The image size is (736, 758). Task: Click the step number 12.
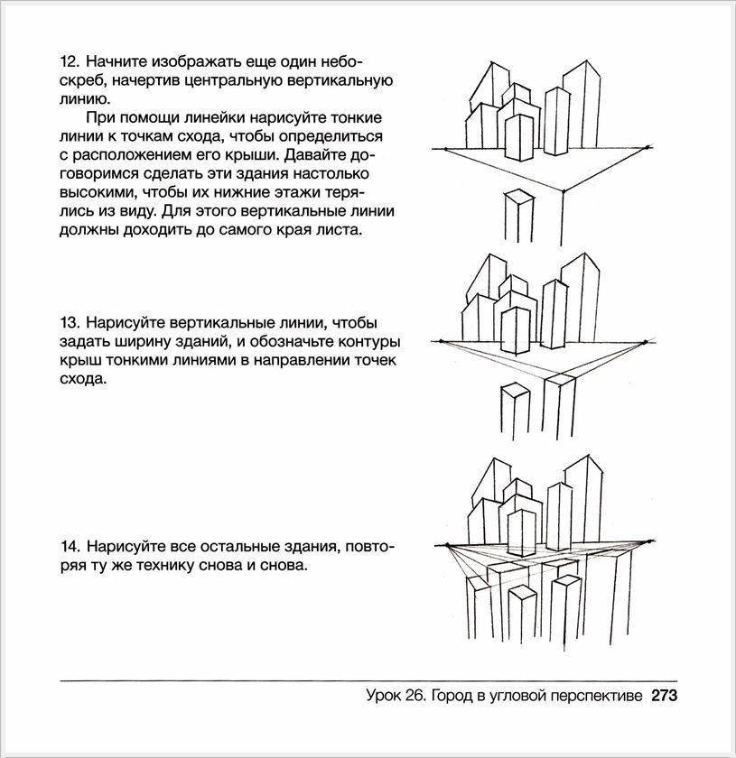point(69,62)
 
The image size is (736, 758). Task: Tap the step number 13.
point(69,322)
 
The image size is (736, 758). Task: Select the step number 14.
point(69,547)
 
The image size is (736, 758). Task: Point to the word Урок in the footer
point(386,696)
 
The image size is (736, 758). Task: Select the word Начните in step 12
point(121,62)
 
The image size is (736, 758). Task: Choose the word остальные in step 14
point(224,547)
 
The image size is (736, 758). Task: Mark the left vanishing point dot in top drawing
point(443,149)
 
